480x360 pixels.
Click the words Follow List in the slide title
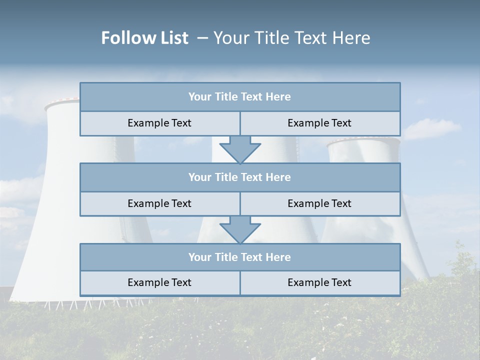(x=145, y=38)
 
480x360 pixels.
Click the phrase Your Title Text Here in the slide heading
(x=292, y=38)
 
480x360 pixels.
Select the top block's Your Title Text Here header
(x=239, y=97)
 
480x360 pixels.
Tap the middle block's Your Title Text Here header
(x=239, y=177)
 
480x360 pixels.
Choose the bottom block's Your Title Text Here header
(x=239, y=257)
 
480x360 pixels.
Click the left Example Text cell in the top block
(x=159, y=123)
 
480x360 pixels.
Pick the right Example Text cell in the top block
(x=319, y=123)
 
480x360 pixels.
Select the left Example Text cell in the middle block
(x=159, y=204)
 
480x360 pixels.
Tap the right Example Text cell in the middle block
(x=319, y=204)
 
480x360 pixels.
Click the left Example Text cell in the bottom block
(x=159, y=283)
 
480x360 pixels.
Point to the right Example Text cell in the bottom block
(x=319, y=283)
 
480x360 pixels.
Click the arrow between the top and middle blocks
(x=240, y=149)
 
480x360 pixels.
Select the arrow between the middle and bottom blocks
(x=240, y=229)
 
